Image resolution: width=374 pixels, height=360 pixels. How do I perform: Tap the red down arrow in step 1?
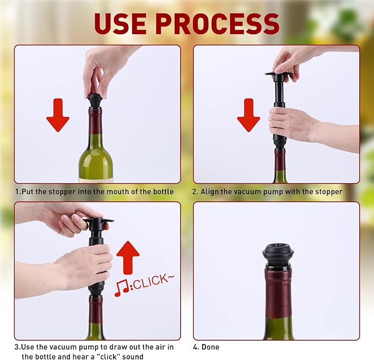tap(58, 115)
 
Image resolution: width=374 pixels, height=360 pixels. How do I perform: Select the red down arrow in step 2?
tap(248, 115)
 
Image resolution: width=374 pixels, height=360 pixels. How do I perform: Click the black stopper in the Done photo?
tap(278, 255)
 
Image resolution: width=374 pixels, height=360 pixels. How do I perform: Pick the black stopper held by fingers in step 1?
tap(95, 101)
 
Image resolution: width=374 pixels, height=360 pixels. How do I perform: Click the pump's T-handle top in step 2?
tap(279, 74)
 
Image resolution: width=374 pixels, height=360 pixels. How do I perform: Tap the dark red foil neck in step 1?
tap(95, 121)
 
